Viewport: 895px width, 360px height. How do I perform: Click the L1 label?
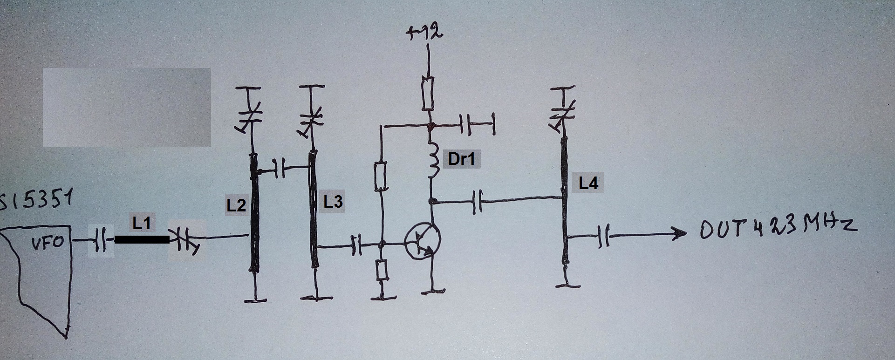coord(142,224)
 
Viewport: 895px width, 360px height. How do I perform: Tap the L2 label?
coord(236,205)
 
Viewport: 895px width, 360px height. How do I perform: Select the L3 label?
coord(333,202)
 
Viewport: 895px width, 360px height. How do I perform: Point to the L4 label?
coord(588,183)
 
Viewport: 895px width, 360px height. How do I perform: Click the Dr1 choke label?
coord(461,159)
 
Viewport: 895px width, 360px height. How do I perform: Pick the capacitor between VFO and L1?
coord(100,240)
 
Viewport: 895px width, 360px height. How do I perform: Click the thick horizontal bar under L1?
coord(142,240)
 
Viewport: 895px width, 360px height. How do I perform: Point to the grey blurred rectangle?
coord(127,107)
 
